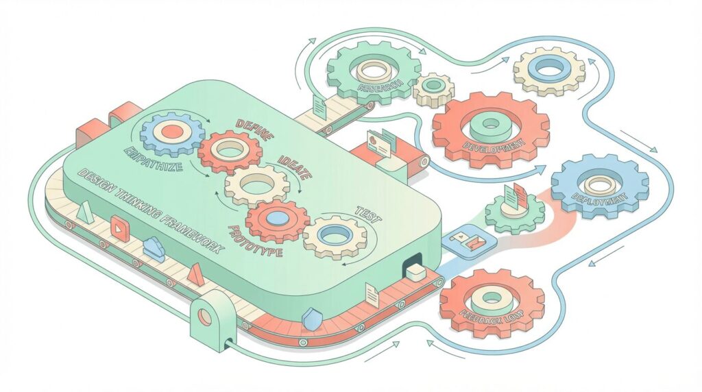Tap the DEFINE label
254,127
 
